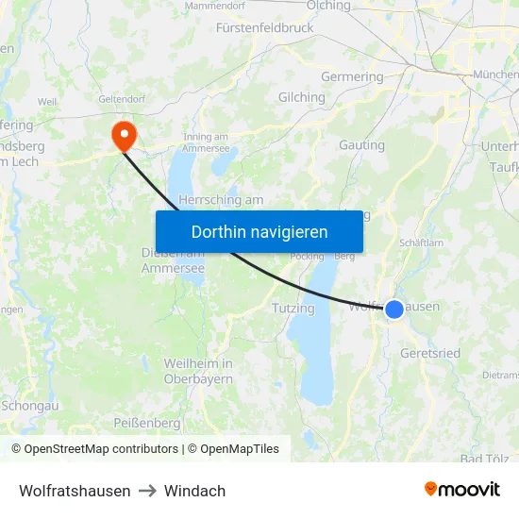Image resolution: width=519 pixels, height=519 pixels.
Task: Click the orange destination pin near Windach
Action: [124, 135]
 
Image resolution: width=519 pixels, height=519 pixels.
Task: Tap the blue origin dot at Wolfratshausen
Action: [394, 309]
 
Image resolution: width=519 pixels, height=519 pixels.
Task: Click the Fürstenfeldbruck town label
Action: [264, 28]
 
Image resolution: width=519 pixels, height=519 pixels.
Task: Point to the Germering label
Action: [352, 76]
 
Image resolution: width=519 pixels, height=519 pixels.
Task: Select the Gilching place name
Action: [301, 97]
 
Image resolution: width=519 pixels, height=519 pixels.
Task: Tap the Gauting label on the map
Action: [361, 145]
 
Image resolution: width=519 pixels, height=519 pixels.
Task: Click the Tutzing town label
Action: [293, 309]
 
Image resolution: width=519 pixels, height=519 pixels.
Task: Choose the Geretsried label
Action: [430, 353]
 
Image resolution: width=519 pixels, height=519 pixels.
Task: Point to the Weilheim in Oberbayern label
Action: [198, 371]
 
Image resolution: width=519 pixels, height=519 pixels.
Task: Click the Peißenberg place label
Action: [146, 422]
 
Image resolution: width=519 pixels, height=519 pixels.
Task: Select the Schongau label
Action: [30, 405]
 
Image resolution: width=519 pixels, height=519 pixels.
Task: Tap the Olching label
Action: [328, 6]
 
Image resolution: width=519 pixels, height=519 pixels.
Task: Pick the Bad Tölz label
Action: [483, 460]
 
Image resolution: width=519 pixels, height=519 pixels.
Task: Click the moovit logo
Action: [461, 490]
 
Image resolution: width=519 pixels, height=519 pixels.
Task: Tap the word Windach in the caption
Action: [194, 491]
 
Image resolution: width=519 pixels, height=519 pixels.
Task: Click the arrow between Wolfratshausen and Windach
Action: [147, 491]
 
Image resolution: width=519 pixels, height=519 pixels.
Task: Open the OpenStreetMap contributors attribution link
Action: [101, 449]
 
